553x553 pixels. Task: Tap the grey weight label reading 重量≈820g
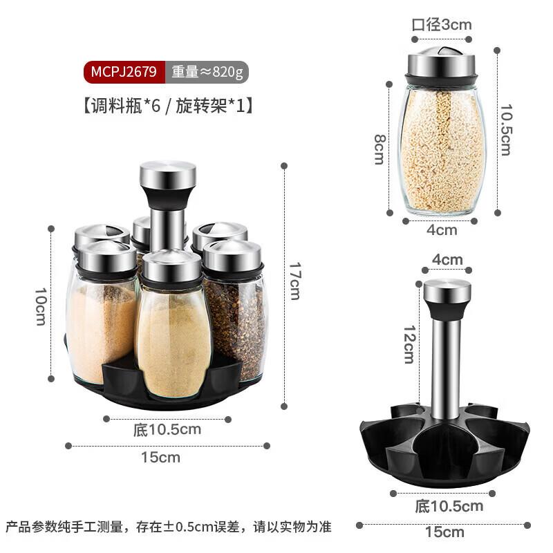click(x=206, y=71)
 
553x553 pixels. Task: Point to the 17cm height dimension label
click(x=294, y=281)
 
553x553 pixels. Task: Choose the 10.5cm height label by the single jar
click(x=507, y=129)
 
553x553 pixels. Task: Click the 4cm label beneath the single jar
click(x=442, y=229)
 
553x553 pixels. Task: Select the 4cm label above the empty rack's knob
click(x=447, y=260)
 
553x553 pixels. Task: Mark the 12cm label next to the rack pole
click(x=409, y=344)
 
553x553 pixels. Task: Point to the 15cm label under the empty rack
click(x=444, y=532)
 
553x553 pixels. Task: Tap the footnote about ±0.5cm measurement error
click(x=169, y=527)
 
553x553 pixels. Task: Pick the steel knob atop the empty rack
click(x=447, y=295)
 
